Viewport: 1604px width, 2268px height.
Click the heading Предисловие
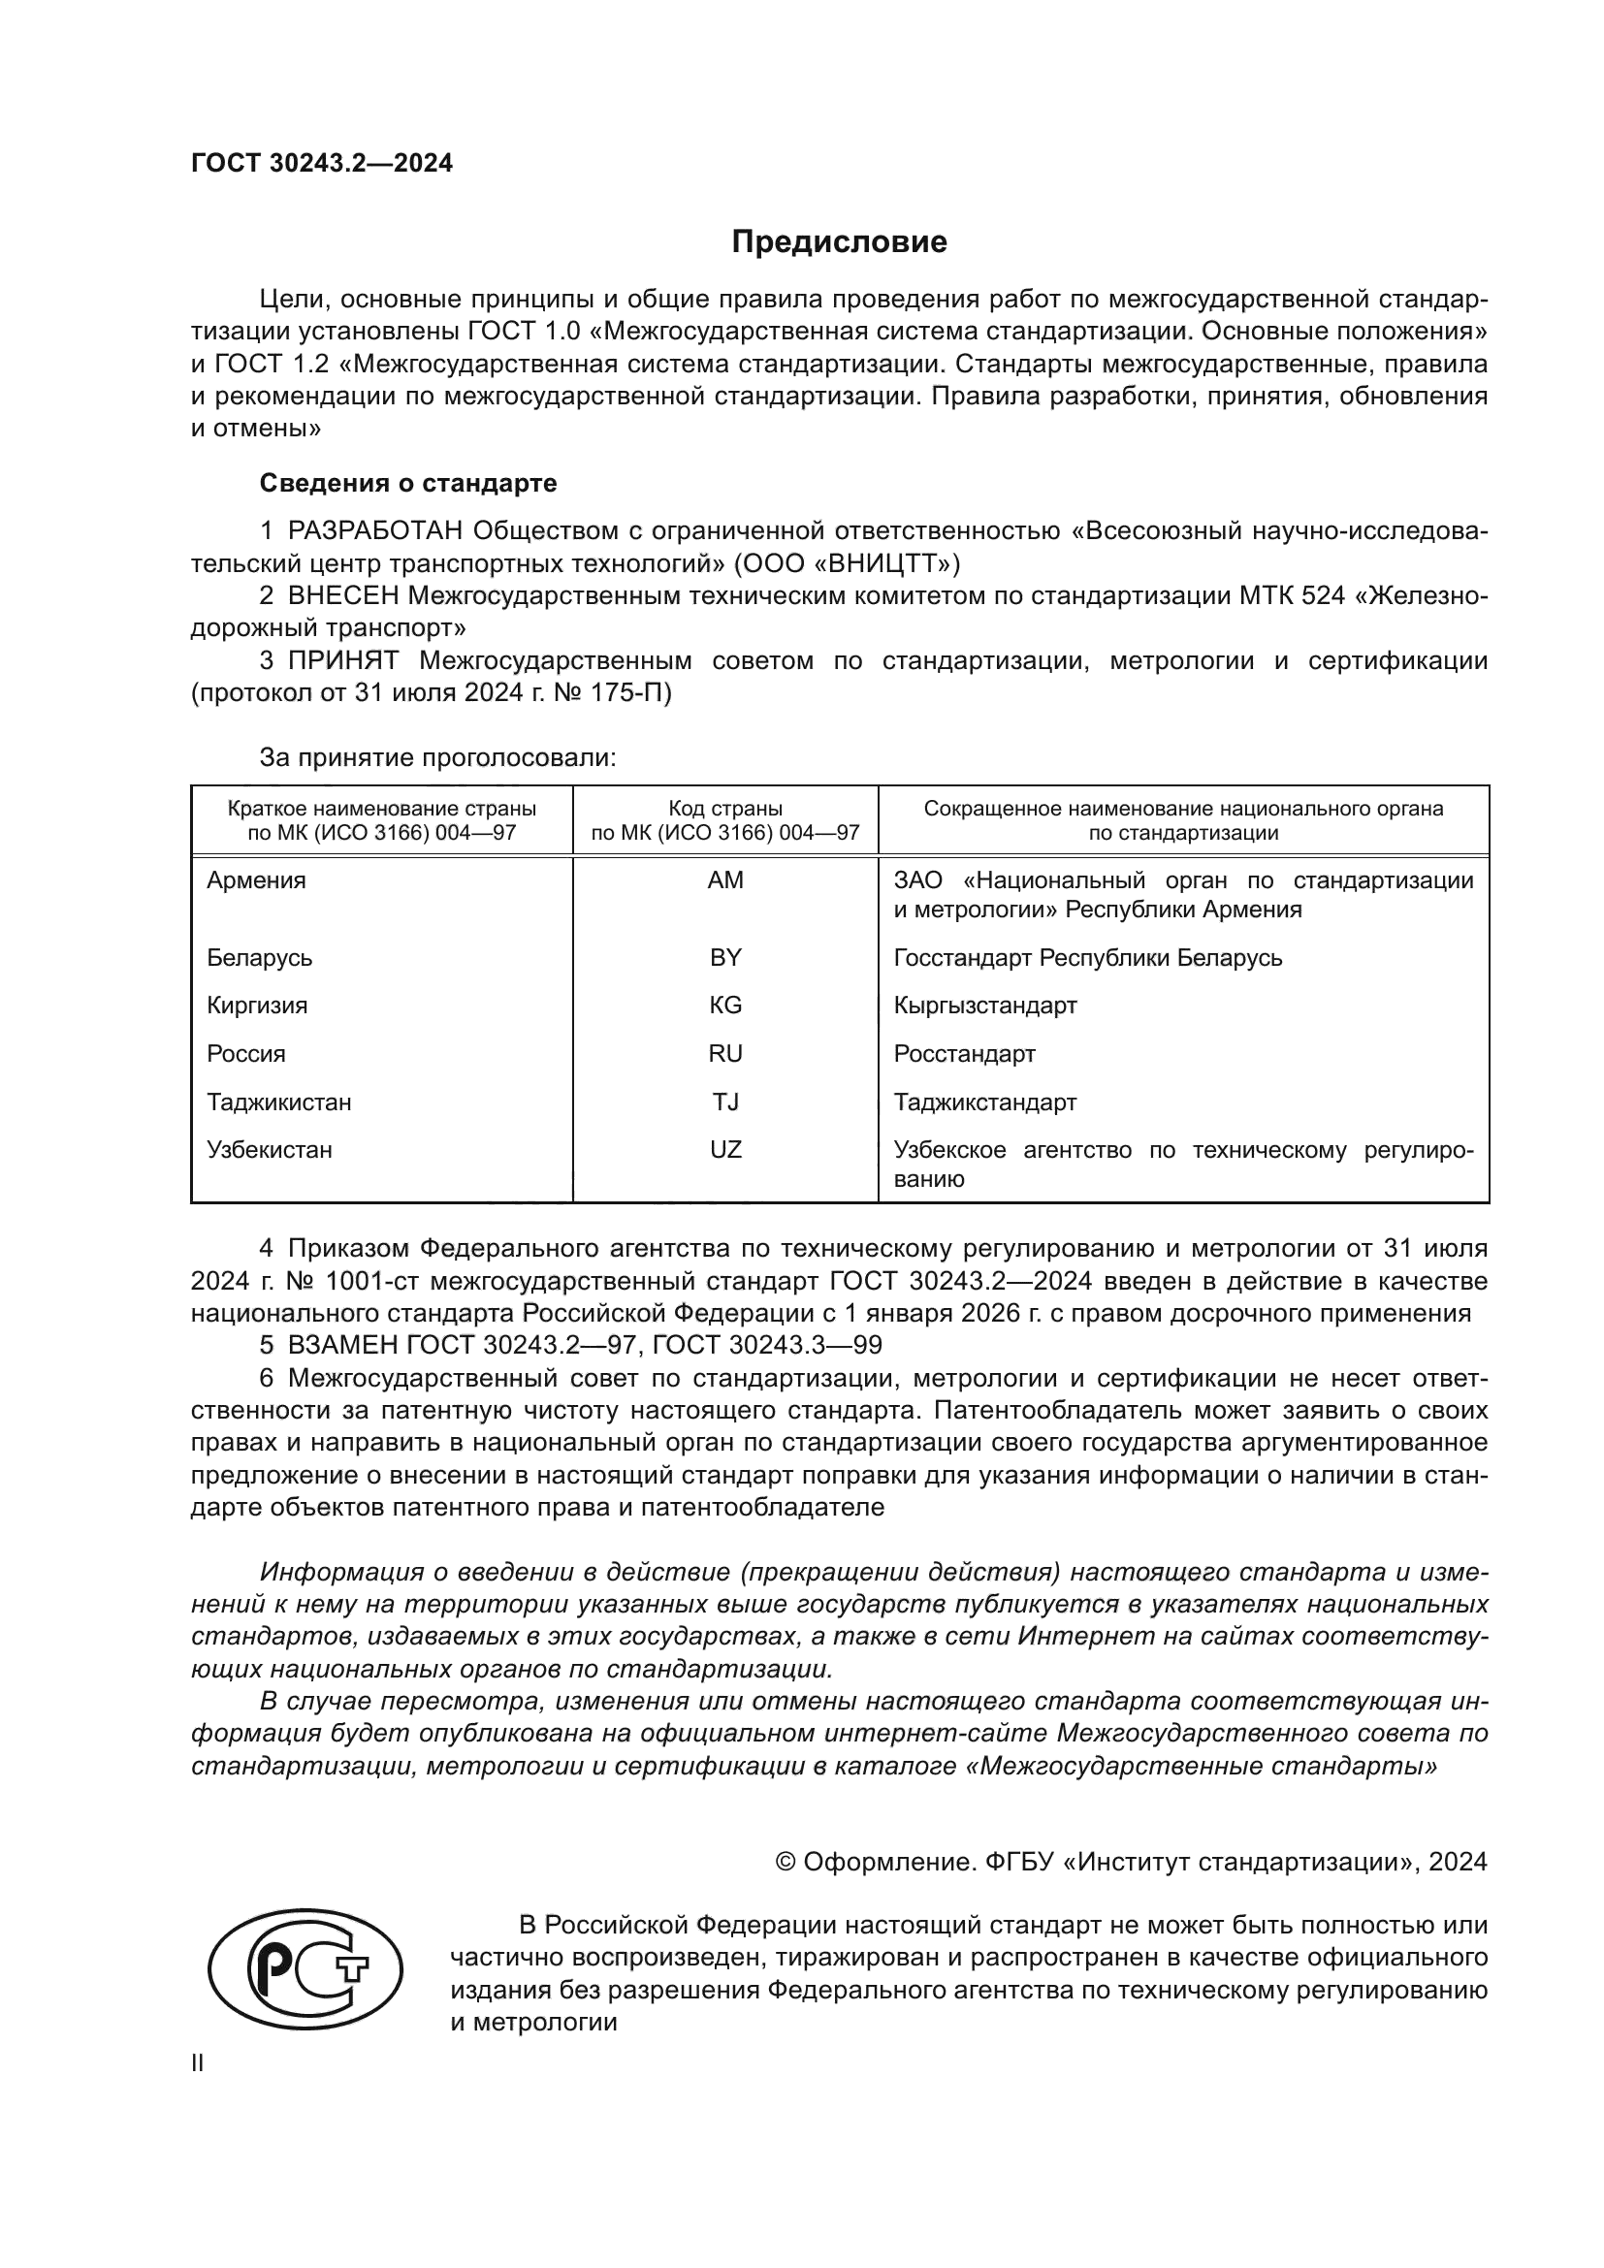[x=839, y=242]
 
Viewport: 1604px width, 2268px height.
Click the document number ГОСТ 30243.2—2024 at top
[x=321, y=163]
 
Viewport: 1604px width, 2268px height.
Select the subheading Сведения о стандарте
[x=408, y=483]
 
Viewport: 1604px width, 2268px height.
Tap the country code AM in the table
[x=725, y=880]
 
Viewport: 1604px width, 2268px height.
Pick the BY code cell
[x=725, y=957]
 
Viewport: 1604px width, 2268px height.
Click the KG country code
[x=725, y=1006]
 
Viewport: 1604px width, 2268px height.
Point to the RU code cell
[x=725, y=1054]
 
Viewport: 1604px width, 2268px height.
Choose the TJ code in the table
[x=725, y=1102]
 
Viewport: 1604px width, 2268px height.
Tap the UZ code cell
[x=725, y=1150]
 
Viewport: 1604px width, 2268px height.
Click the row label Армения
[x=256, y=880]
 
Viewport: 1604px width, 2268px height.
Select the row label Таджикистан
[x=278, y=1102]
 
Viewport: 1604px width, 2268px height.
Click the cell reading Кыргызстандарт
[x=984, y=1006]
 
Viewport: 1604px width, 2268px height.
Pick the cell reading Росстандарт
[x=964, y=1054]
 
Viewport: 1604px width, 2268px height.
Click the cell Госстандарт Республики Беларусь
[x=1087, y=957]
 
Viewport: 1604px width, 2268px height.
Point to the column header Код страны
[x=725, y=809]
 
